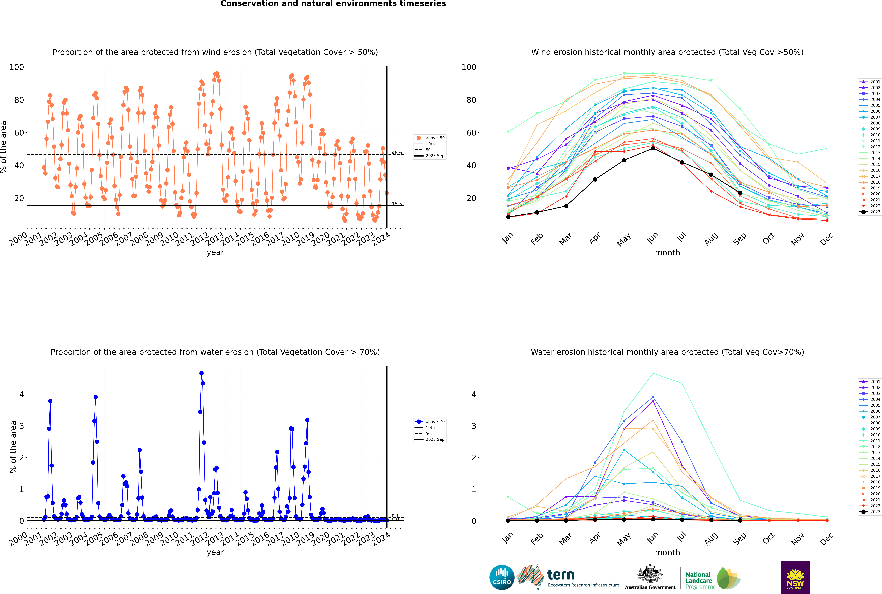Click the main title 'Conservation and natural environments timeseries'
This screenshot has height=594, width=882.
point(333,4)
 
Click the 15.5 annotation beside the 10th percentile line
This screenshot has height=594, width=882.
point(397,204)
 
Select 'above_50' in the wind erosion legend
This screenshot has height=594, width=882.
point(435,138)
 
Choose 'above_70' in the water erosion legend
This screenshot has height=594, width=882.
point(435,422)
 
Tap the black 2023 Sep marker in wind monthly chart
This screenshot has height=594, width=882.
point(740,193)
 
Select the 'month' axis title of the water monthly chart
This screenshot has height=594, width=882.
point(667,552)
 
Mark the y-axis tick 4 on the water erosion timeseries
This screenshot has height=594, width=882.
point(22,394)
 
